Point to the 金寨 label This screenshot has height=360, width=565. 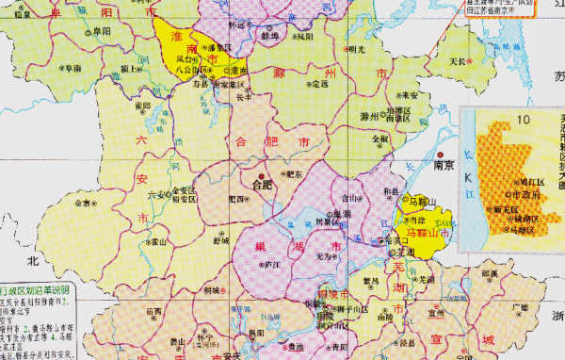82,202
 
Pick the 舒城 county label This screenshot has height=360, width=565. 220,240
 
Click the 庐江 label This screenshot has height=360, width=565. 275,267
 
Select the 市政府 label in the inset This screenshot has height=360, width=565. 532,196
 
